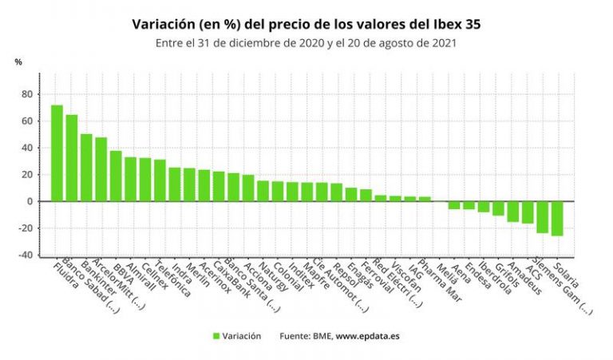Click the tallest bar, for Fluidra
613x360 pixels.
click(57, 153)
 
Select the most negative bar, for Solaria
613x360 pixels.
click(556, 218)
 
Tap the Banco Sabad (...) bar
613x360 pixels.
click(71, 158)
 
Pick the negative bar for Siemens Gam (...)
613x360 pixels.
click(542, 216)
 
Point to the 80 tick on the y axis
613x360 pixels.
click(27, 94)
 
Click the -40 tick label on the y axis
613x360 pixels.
click(26, 255)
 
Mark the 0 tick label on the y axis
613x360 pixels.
click(30, 201)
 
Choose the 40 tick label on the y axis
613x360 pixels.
click(27, 148)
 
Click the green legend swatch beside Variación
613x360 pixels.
click(216, 336)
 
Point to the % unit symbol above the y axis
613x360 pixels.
click(18, 62)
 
